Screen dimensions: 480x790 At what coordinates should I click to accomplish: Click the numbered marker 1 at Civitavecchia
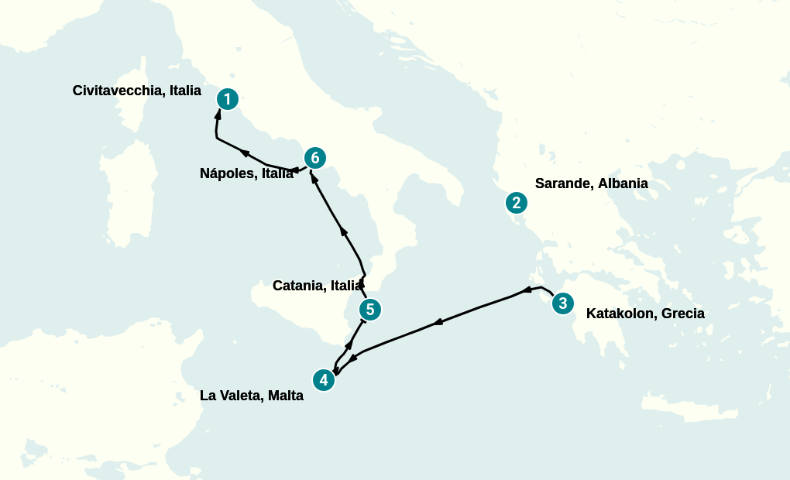[227, 98]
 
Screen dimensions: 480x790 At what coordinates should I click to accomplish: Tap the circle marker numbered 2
[516, 203]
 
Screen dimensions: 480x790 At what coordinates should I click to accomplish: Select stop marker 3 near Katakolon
[563, 303]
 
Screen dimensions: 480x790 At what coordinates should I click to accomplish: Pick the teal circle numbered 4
[324, 380]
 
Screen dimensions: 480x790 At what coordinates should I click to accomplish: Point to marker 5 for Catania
[370, 310]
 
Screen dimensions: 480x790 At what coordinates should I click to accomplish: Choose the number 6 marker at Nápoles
[314, 158]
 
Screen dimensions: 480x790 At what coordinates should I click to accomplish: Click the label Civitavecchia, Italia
[136, 91]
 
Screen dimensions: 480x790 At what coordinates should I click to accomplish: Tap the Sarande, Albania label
[591, 183]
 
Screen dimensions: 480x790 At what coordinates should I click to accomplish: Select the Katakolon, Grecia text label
[645, 314]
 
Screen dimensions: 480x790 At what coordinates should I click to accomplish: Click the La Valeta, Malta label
[251, 396]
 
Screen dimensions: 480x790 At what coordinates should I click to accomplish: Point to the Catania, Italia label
[317, 286]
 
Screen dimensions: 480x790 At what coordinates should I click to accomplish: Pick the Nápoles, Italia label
[246, 173]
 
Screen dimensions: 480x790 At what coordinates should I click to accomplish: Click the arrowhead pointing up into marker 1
[218, 113]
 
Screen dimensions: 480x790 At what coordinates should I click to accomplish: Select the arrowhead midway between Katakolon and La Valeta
[438, 321]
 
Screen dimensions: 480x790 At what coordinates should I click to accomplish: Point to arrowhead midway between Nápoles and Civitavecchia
[245, 153]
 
